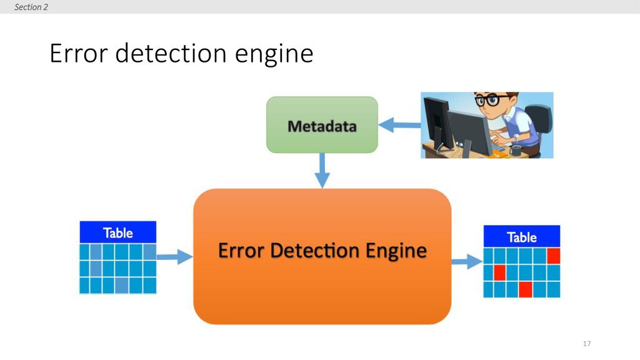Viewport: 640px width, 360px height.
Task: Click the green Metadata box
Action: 322,125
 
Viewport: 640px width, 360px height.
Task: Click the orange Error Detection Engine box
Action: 322,256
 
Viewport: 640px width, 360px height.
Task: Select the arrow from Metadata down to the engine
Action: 322,171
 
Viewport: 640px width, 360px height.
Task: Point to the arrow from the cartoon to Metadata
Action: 399,125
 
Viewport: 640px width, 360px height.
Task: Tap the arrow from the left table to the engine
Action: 175,257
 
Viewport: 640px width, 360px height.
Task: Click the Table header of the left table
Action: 118,232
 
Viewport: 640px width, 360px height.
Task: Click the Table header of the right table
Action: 522,237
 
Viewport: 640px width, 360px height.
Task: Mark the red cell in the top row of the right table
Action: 554,256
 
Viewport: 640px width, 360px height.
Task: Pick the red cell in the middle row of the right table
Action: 500,272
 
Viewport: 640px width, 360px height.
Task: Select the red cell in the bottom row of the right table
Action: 525,289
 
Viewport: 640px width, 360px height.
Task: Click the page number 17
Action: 587,344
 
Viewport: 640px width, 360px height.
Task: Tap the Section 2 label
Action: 31,7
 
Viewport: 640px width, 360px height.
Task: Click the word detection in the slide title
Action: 171,53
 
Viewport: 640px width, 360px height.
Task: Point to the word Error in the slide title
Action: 78,54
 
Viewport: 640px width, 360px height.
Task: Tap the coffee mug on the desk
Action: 516,151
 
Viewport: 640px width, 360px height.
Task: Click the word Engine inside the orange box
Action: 396,251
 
